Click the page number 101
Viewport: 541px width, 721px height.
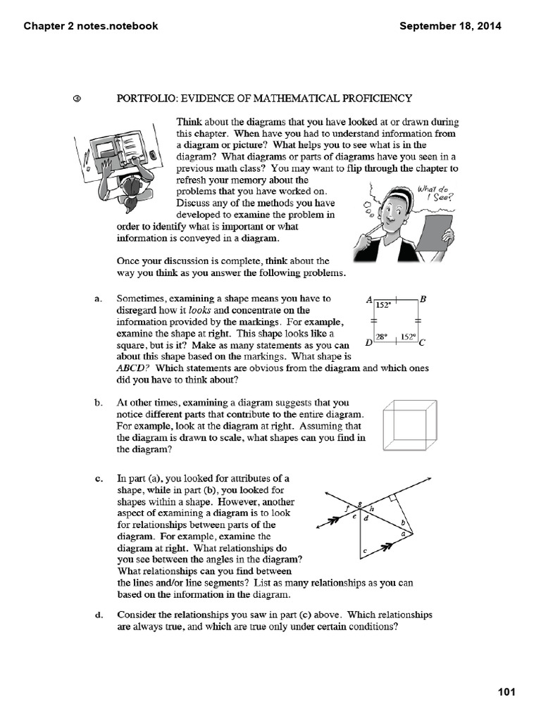[506, 691]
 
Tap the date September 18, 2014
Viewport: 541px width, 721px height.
[450, 26]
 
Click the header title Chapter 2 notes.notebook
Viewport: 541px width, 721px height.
[91, 26]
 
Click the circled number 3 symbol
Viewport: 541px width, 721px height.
[77, 99]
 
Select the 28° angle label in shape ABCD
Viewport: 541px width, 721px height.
[383, 337]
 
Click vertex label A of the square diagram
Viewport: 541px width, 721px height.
[369, 299]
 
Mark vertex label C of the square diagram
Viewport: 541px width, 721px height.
[423, 344]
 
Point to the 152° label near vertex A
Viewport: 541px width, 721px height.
[384, 306]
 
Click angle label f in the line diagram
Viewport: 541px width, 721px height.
[349, 508]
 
